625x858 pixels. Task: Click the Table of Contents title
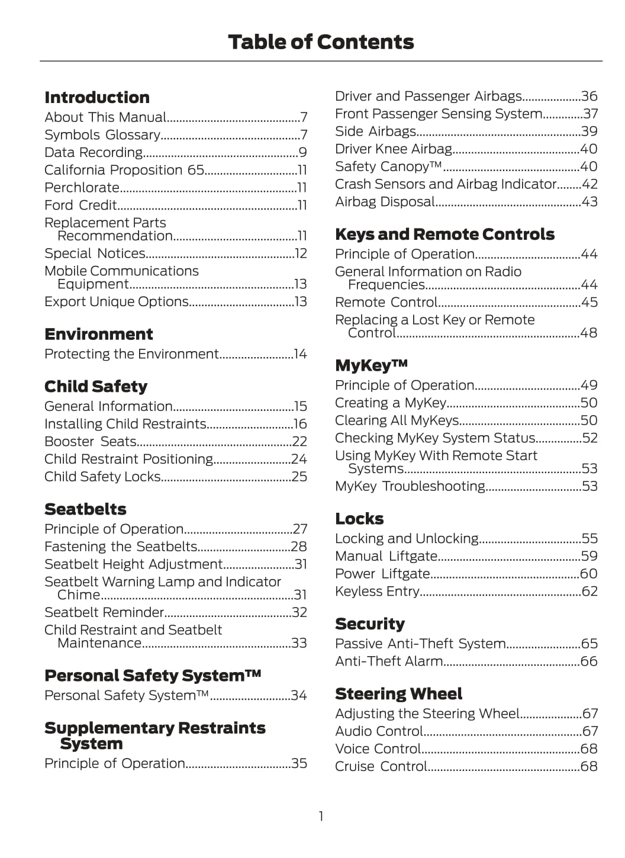[321, 42]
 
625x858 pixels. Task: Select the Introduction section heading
[97, 97]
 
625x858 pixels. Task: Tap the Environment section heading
[99, 334]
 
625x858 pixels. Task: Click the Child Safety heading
[96, 386]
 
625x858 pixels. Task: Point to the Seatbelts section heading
[85, 509]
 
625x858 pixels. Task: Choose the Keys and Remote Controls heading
[444, 234]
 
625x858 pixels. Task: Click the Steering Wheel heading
[398, 693]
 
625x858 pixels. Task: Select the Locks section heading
[359, 519]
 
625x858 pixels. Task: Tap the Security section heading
[370, 624]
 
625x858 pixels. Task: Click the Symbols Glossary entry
[102, 135]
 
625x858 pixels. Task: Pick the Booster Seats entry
[91, 442]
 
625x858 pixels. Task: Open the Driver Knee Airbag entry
[394, 149]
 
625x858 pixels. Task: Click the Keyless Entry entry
[377, 592]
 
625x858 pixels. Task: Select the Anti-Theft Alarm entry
[389, 661]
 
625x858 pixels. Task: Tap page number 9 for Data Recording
[302, 153]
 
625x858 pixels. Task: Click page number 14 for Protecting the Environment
[301, 354]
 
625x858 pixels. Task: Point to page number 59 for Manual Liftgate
[589, 556]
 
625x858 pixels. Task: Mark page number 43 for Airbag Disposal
[589, 202]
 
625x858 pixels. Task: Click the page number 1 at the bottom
[321, 817]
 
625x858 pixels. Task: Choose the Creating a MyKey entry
[391, 403]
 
